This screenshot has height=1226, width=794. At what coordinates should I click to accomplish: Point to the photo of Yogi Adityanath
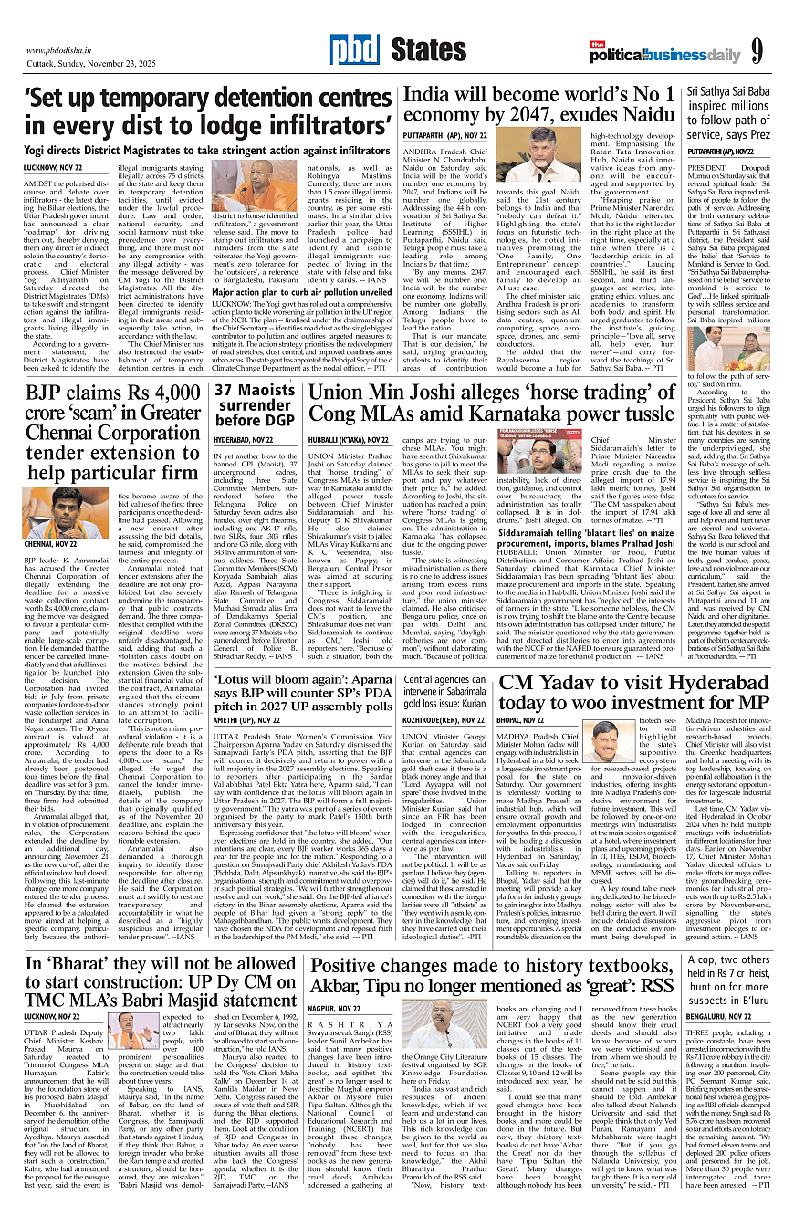point(237,184)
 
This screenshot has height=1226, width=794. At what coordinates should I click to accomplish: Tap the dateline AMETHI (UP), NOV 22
point(250,745)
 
